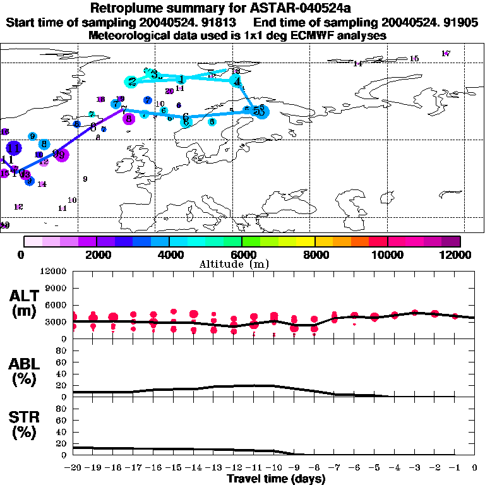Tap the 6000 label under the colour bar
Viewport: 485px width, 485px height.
(242, 254)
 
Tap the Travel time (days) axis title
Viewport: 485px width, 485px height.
(276, 479)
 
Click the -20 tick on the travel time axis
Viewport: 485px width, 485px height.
(74, 468)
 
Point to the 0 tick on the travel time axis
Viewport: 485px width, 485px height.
(475, 468)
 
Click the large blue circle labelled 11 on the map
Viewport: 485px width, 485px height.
(13, 148)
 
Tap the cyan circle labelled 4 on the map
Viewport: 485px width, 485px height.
(237, 82)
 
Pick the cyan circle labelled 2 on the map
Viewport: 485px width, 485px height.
(131, 81)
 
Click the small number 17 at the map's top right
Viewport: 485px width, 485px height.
(446, 54)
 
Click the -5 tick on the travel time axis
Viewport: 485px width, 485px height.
(374, 468)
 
